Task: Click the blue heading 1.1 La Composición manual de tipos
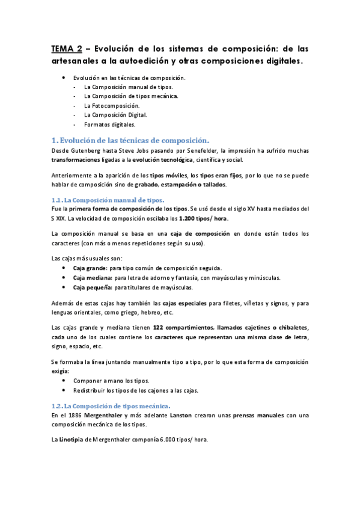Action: coord(108,199)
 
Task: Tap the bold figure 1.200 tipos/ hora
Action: coord(204,218)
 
